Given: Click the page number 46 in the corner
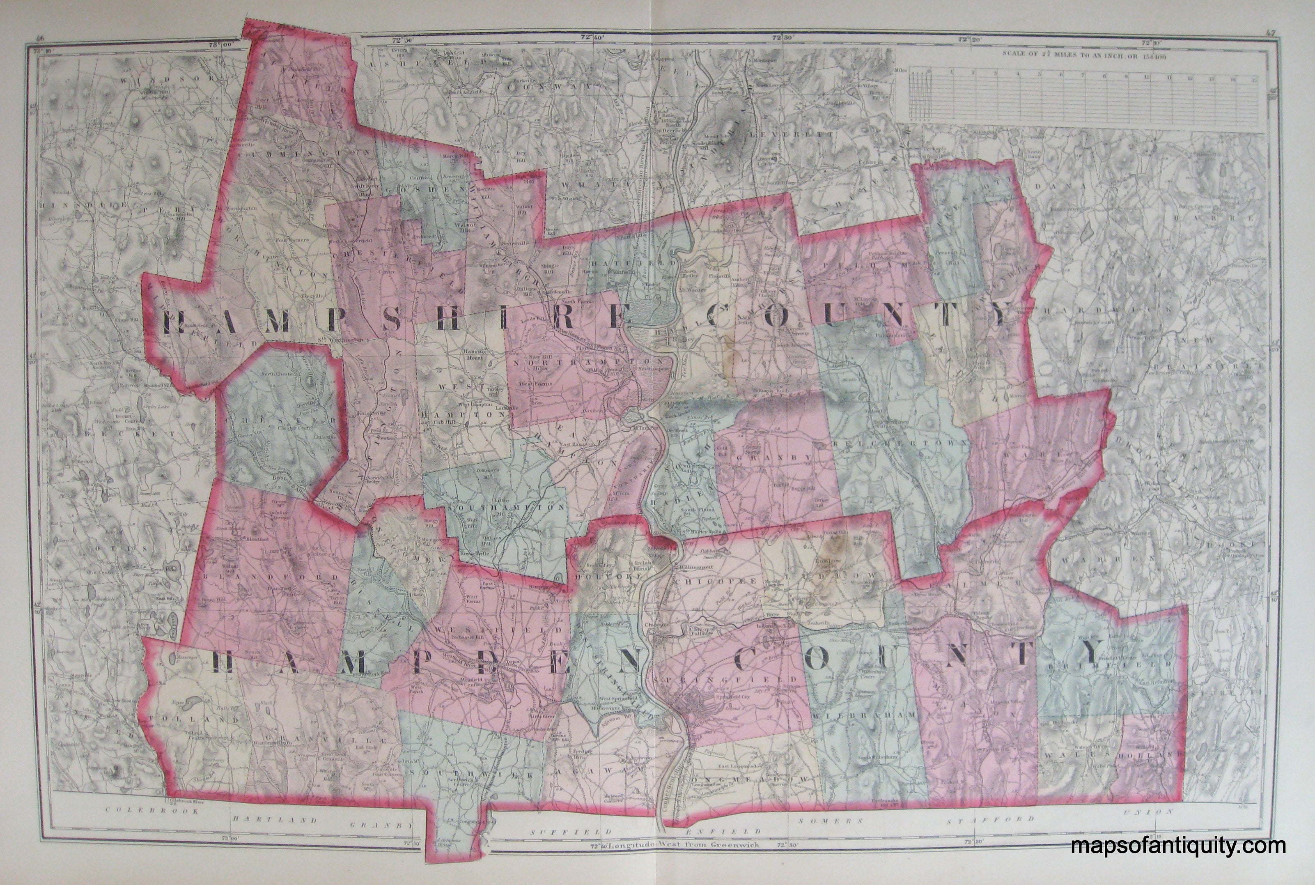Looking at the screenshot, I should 39,38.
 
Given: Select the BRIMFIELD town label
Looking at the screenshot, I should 1106,666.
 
